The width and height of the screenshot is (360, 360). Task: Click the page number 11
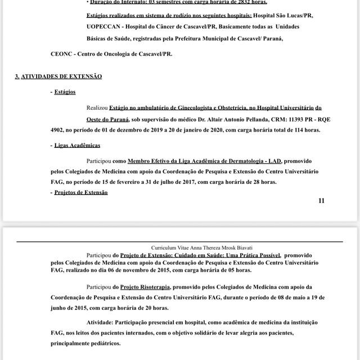click(x=321, y=201)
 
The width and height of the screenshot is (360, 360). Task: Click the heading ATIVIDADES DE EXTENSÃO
click(x=61, y=76)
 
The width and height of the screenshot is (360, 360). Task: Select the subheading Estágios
click(x=65, y=92)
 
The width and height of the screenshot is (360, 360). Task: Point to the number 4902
click(x=58, y=129)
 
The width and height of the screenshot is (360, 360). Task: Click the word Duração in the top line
click(x=106, y=2)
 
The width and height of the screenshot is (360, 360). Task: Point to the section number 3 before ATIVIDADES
click(x=17, y=76)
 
